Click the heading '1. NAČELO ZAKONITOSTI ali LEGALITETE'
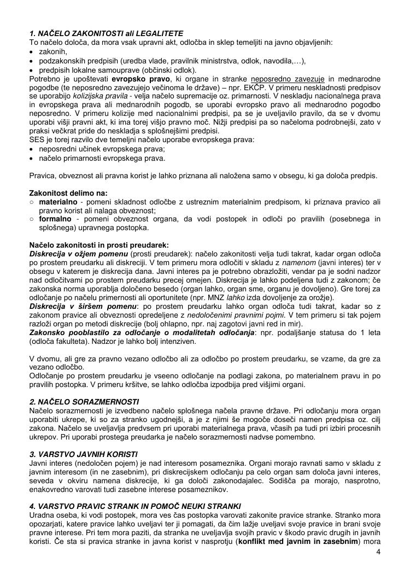click(x=106, y=33)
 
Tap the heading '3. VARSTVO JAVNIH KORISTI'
click(x=83, y=454)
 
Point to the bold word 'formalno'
click(x=56, y=219)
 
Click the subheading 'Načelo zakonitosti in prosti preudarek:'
click(x=99, y=245)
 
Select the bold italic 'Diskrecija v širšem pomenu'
click(x=83, y=306)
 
